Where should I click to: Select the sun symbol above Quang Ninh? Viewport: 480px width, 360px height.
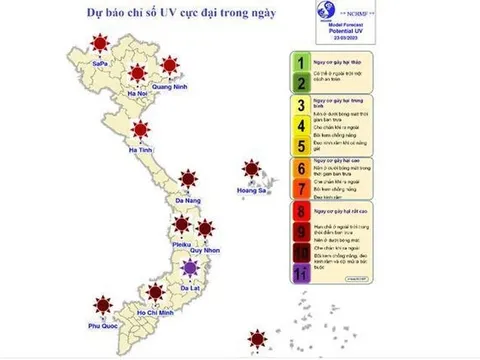pos(170,65)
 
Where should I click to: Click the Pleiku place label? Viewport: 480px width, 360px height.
pos(184,243)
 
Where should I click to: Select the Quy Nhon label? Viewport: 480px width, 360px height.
pos(206,252)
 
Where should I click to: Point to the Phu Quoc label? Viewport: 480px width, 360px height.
pos(103,327)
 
